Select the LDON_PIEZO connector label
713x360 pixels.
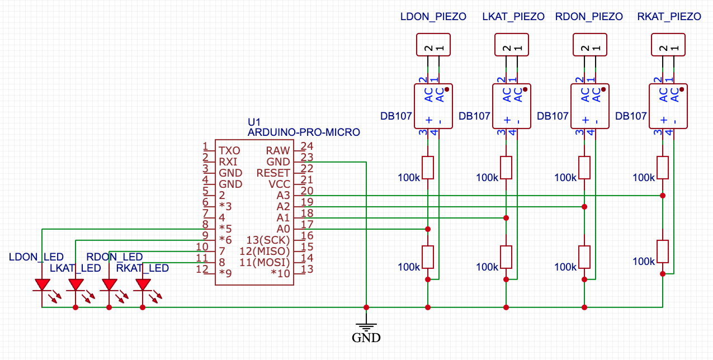pos(433,17)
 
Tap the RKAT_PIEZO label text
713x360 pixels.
pos(669,17)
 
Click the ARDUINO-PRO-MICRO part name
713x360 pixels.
pos(304,132)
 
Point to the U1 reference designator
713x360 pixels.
pos(254,122)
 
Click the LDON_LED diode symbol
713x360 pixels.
pos(42,285)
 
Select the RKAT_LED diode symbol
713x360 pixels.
pos(143,285)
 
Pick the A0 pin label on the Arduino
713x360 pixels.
pos(284,229)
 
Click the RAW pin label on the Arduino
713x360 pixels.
pos(278,150)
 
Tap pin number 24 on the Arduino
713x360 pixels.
pos(306,146)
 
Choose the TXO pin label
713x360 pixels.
pos(229,150)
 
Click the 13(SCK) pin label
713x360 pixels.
pos(268,240)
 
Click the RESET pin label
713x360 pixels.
pos(273,173)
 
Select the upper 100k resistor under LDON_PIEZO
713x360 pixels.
pos(428,167)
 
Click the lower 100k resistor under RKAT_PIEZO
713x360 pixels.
pos(663,251)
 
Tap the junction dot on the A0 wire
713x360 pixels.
pos(428,229)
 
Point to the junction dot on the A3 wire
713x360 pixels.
pos(663,195)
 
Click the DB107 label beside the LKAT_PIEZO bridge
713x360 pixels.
pos(474,116)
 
